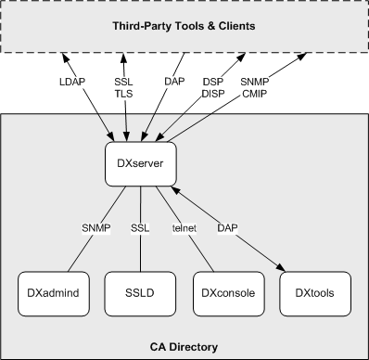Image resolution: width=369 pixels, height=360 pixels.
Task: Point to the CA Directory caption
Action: pos(184,346)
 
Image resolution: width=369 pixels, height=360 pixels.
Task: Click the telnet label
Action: pos(184,226)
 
